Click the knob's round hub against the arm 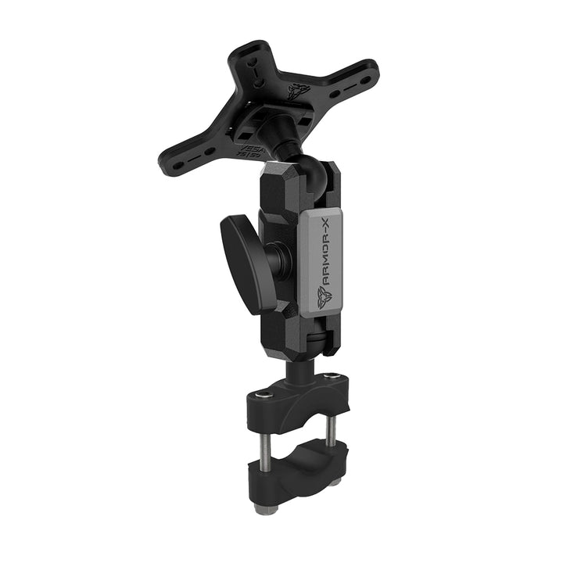(x=274, y=258)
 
